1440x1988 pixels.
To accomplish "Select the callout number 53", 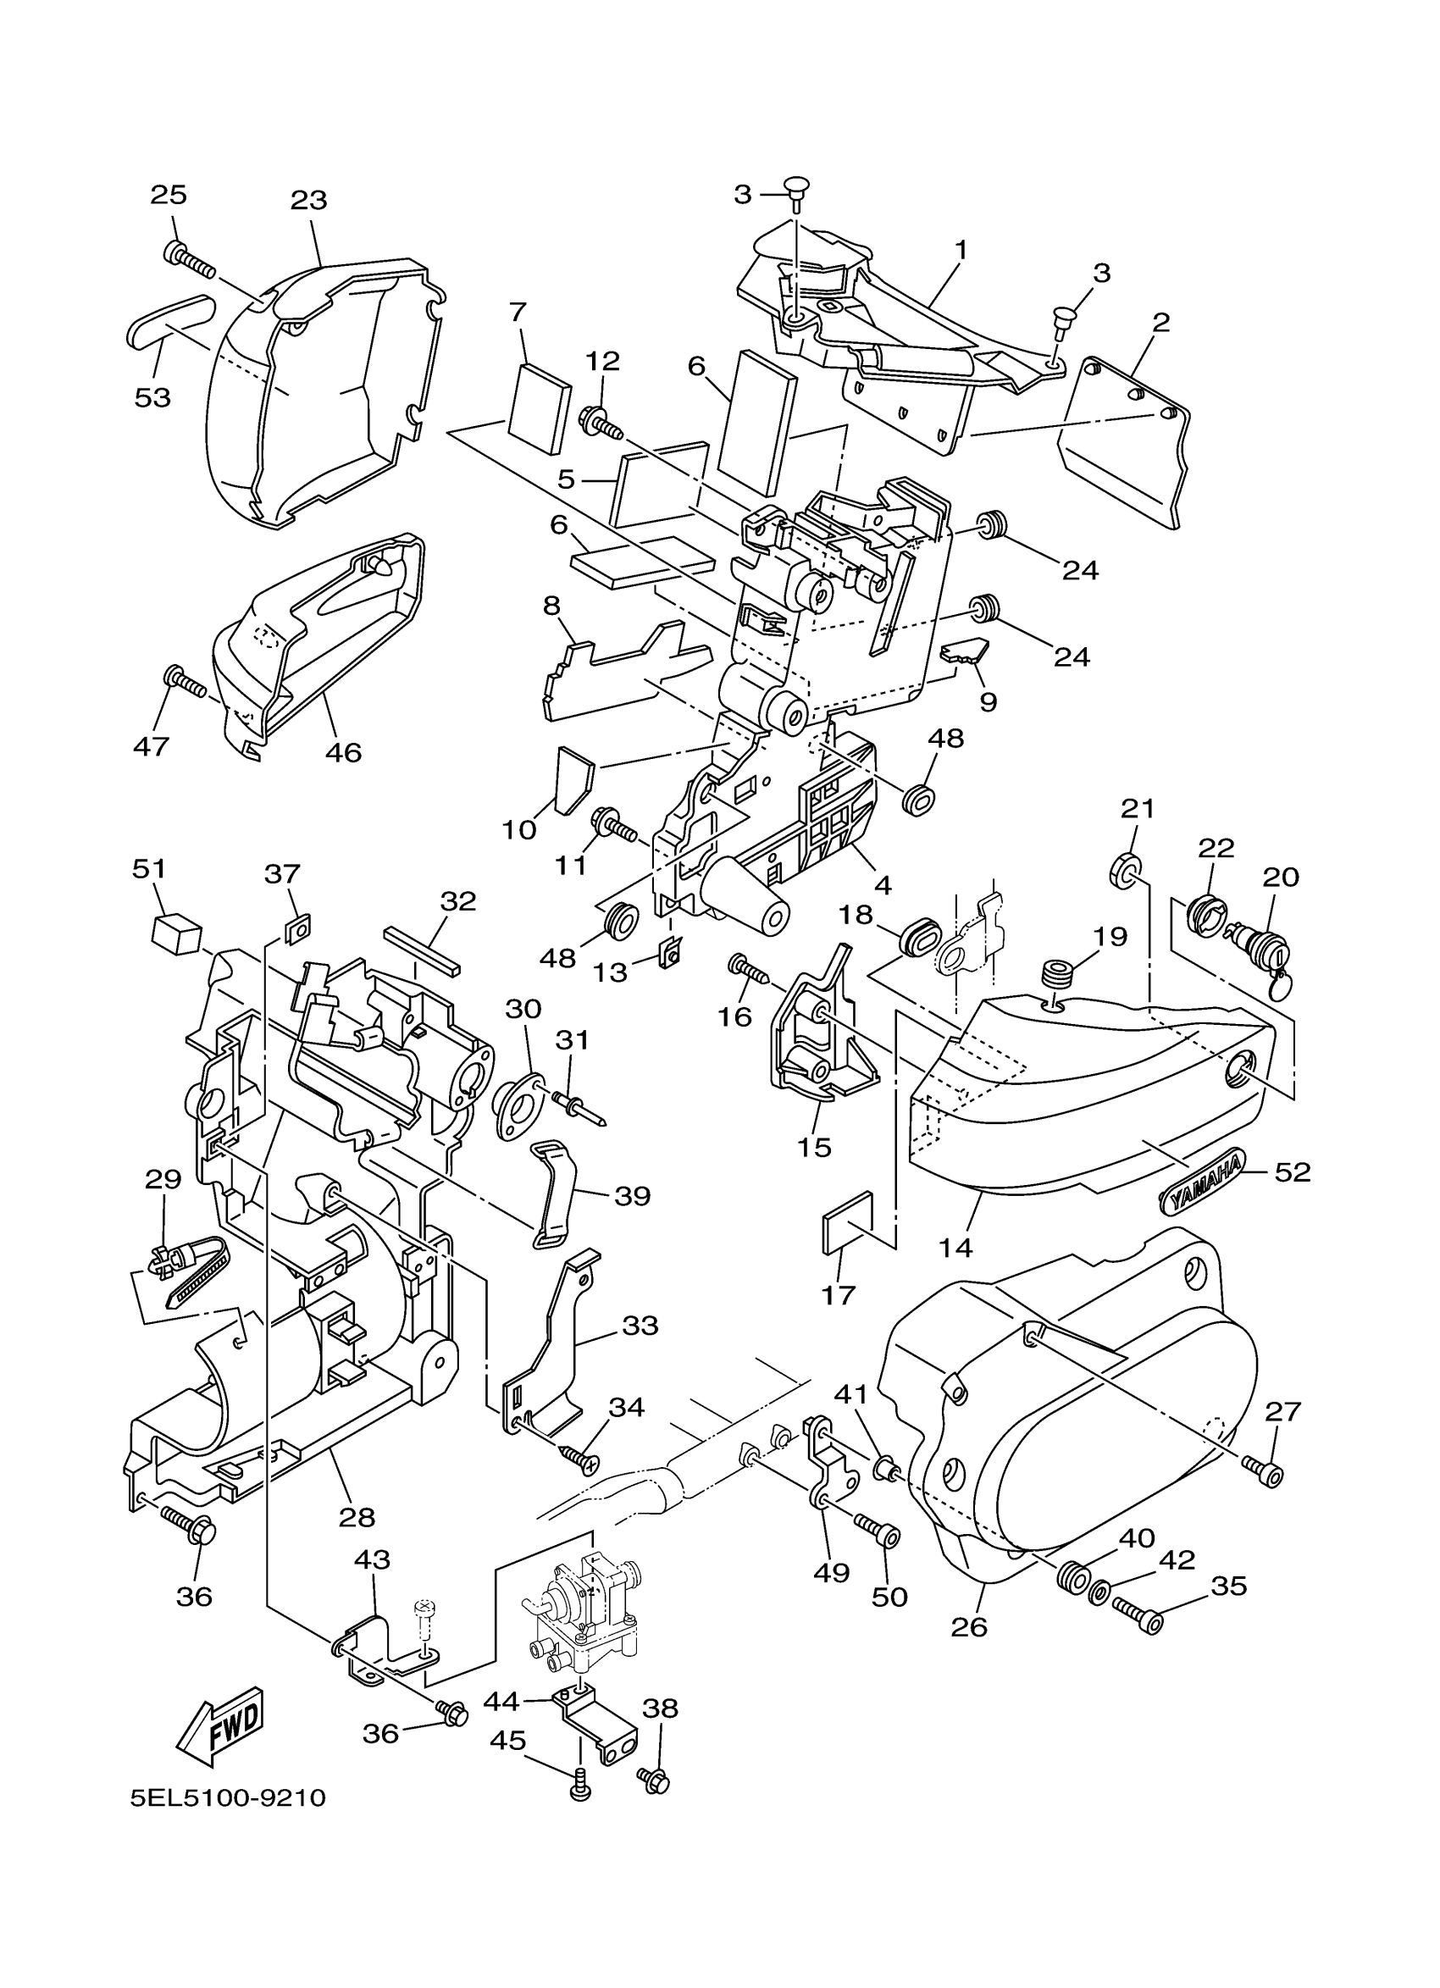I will [x=152, y=397].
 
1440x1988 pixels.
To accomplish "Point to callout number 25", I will [x=169, y=195].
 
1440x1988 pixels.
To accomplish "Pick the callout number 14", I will [x=955, y=1248].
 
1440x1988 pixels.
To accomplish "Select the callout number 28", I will [x=357, y=1517].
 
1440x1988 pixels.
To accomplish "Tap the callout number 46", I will [x=343, y=751].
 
